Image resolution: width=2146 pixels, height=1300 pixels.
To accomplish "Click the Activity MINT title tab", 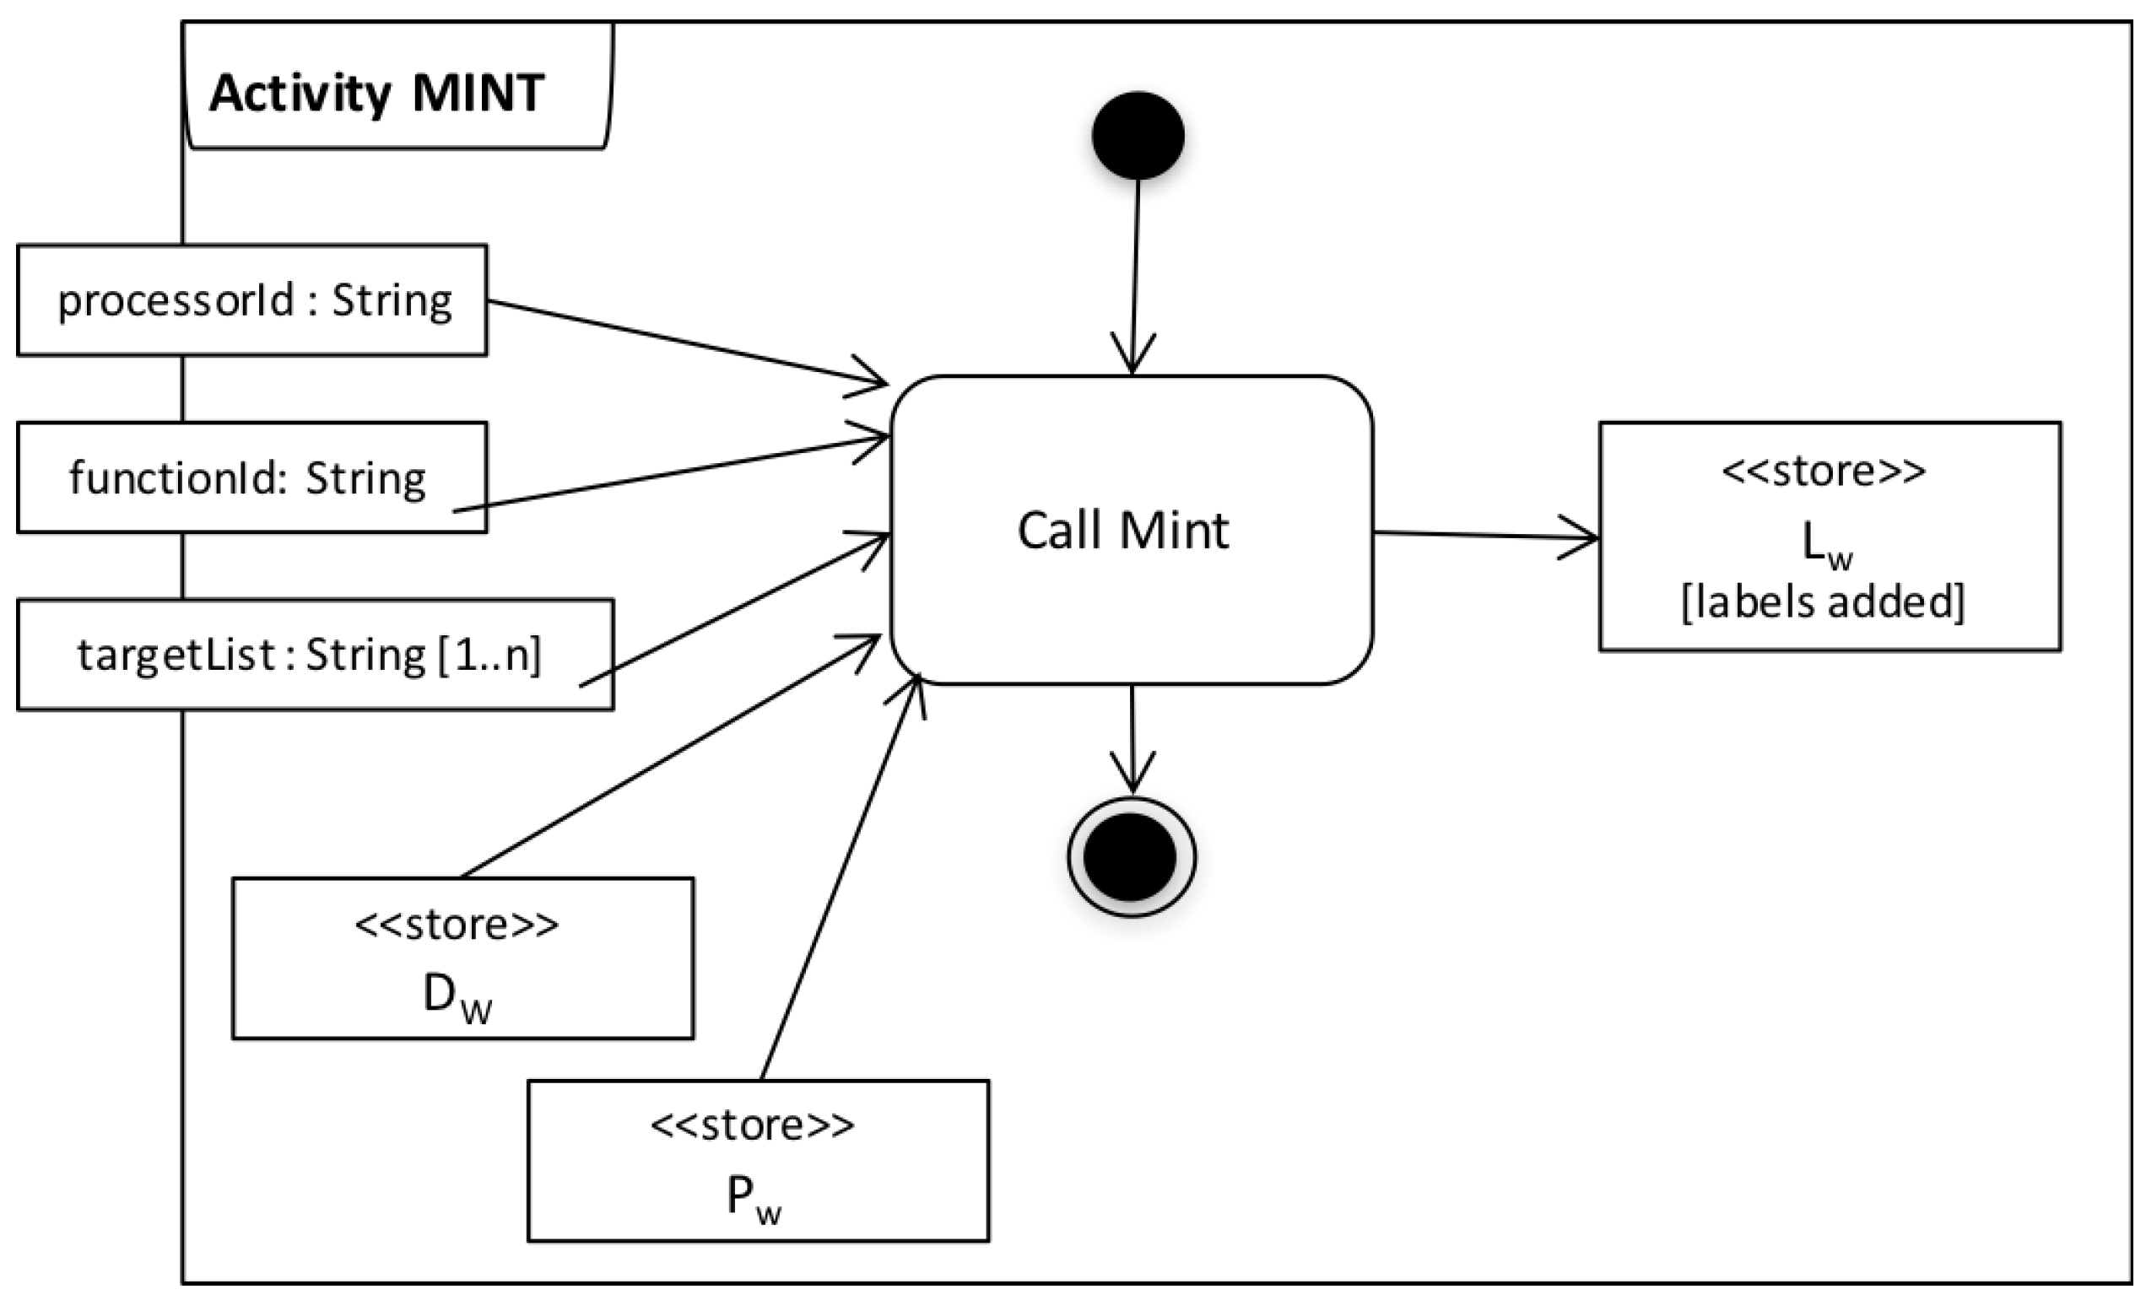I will pos(376,92).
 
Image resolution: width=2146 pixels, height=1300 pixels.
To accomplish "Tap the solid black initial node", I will pos(1138,136).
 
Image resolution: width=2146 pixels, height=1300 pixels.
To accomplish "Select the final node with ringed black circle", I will pos(1131,857).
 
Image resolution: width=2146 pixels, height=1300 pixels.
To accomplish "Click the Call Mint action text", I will pos(1122,531).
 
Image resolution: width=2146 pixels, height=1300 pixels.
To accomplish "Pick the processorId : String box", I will pos(252,300).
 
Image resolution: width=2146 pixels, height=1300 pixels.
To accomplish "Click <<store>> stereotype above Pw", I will pos(753,1126).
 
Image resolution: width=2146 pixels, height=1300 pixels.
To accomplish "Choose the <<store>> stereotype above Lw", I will pos(1824,471).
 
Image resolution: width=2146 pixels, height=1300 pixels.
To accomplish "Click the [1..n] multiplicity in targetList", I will pos(488,655).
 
